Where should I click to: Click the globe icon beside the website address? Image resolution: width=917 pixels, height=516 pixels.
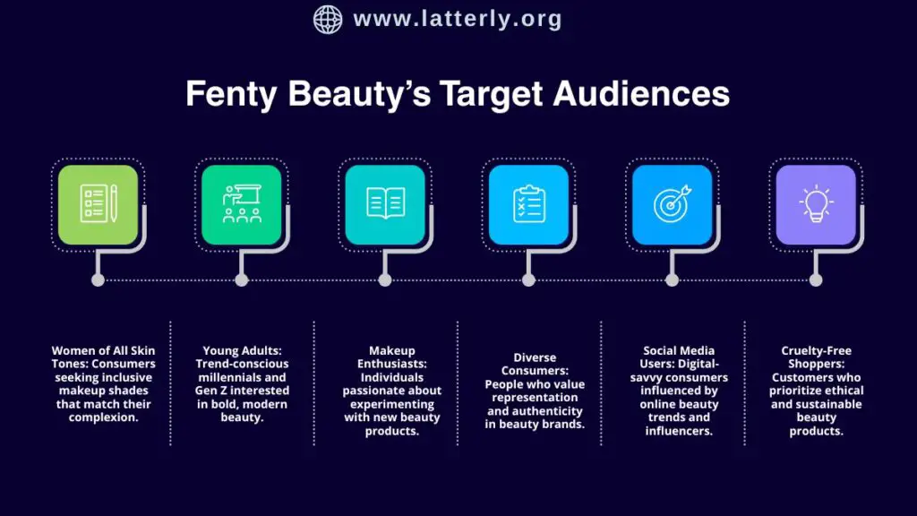(328, 19)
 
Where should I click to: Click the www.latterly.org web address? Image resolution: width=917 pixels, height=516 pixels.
(458, 19)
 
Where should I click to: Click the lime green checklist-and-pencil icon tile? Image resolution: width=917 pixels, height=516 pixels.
(99, 204)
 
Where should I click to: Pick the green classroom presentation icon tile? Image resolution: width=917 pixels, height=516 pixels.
(242, 204)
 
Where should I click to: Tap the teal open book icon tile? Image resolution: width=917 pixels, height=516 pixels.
(385, 204)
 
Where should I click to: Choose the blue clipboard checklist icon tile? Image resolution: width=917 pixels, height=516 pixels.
(528, 204)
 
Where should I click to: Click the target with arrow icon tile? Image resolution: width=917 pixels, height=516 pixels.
(672, 204)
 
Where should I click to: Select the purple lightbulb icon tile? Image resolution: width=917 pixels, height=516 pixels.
(816, 204)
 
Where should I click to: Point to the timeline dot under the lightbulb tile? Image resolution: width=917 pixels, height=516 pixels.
(816, 279)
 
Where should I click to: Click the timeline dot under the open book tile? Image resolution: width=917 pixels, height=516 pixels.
(385, 279)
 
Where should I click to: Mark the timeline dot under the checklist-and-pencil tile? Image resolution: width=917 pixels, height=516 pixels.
(99, 279)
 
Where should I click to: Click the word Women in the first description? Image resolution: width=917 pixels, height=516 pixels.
(70, 351)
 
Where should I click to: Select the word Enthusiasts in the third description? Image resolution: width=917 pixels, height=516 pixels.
(391, 364)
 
